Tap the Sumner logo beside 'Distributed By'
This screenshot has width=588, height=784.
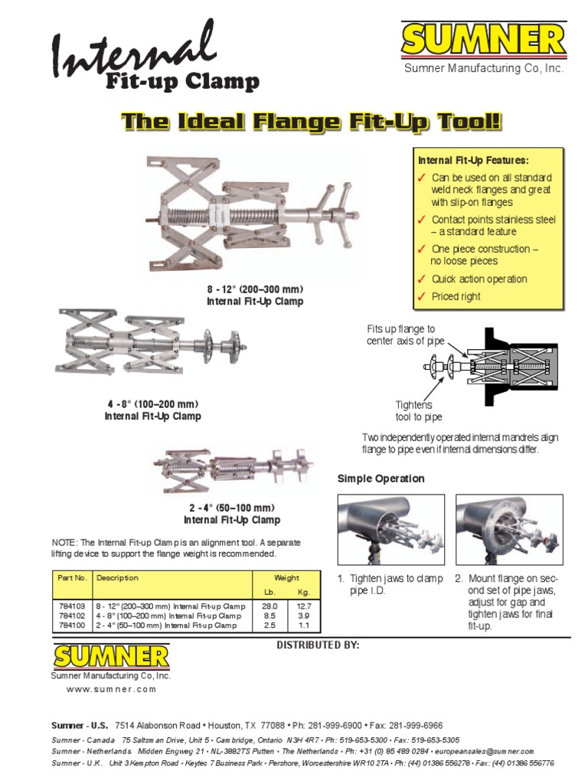point(111,657)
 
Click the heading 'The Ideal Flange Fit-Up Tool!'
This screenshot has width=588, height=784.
point(312,122)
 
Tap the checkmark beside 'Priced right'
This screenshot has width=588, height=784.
point(421,297)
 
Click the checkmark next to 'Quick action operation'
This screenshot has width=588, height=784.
point(421,279)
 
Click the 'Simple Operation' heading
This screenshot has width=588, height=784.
point(381,479)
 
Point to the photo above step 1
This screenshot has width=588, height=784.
point(390,529)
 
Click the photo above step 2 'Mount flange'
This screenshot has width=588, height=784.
point(508,529)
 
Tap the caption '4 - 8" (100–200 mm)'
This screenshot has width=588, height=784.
point(152,404)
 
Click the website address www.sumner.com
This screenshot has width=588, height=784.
point(111,689)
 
